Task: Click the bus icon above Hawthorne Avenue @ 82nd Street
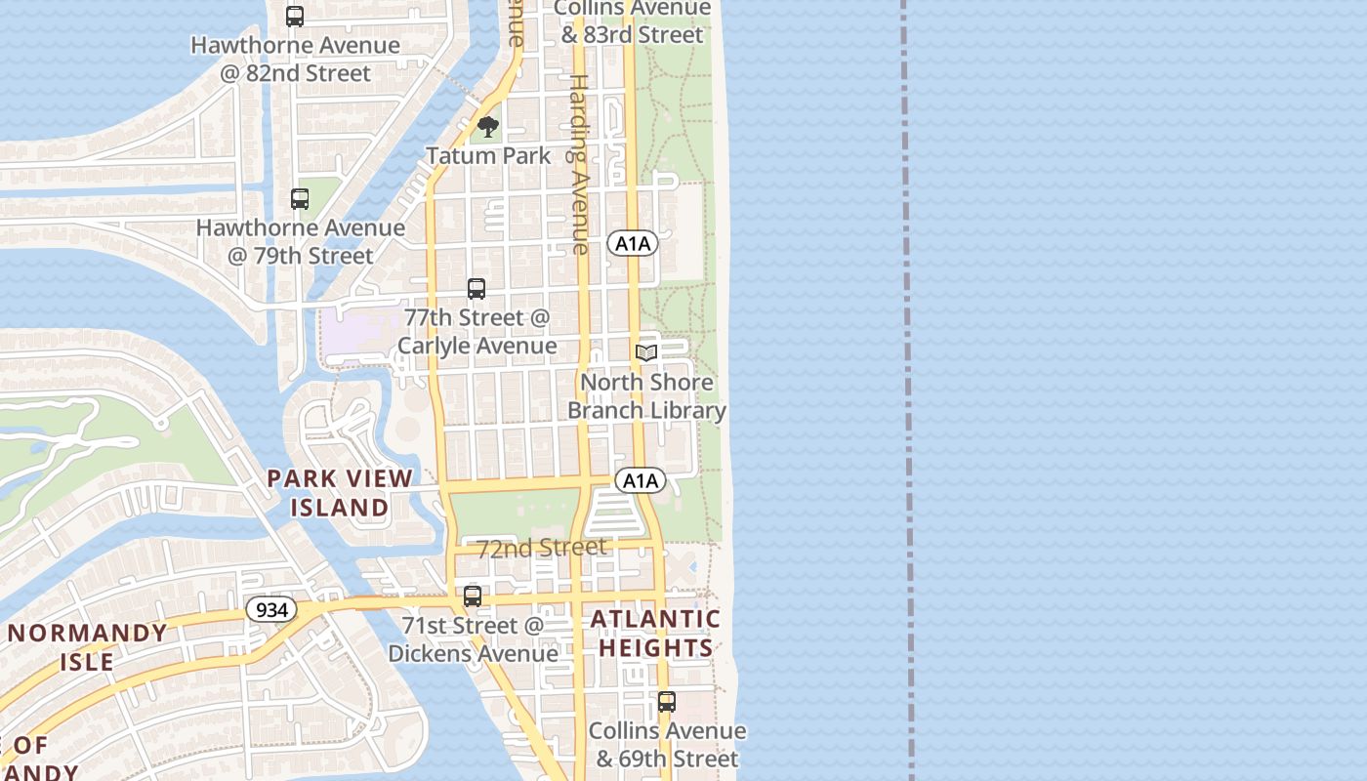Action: point(295,16)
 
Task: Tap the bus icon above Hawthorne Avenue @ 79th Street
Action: point(300,199)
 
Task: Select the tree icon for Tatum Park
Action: point(487,127)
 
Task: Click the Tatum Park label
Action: point(488,155)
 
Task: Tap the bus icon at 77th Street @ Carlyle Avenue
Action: point(476,289)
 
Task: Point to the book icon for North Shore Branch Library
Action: point(646,352)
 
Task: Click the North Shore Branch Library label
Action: point(646,395)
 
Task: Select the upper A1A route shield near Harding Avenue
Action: point(633,243)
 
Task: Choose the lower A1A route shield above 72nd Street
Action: point(641,480)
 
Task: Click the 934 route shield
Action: point(268,610)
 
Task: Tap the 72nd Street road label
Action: point(542,548)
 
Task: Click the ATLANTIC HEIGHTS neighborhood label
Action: point(656,634)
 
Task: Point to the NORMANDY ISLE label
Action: point(88,647)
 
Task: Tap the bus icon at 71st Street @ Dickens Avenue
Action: point(473,596)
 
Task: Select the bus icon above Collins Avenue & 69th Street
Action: point(667,701)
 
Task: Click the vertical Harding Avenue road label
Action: point(580,164)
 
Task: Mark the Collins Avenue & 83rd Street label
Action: point(632,21)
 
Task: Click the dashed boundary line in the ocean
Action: point(907,390)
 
